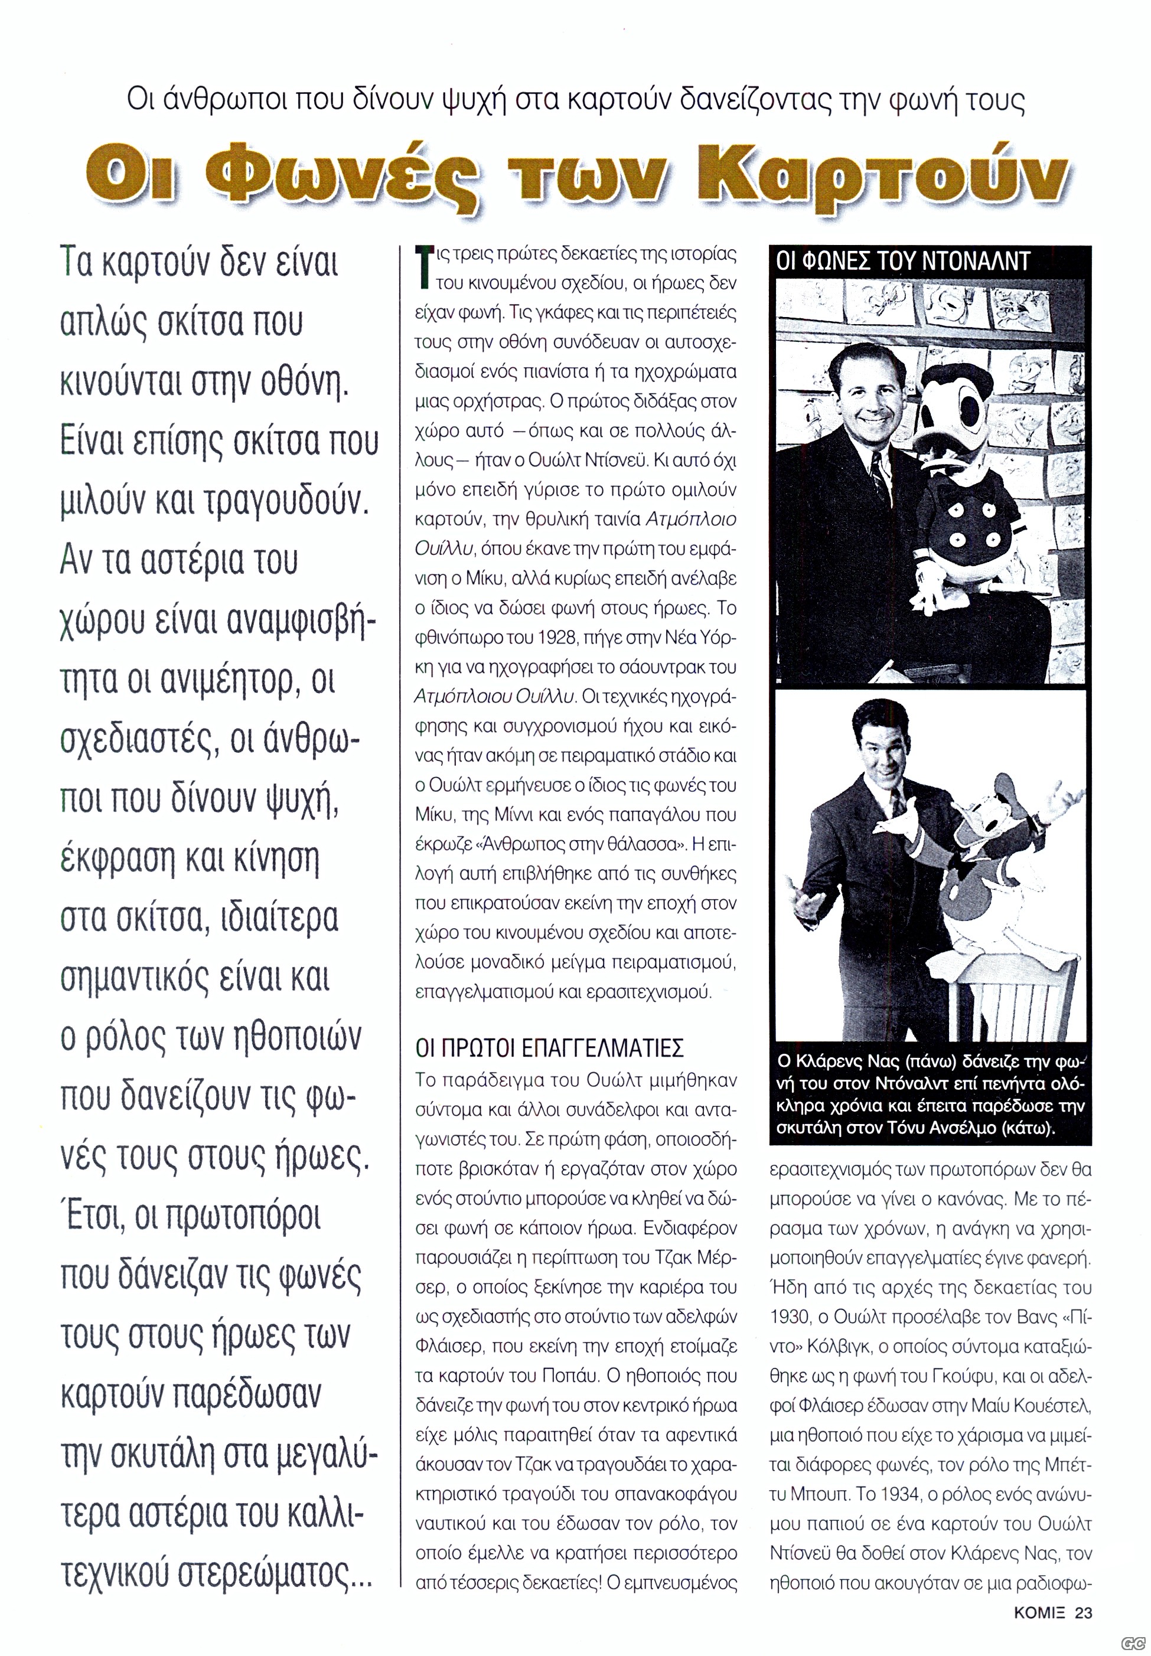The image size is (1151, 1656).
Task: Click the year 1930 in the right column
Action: pyautogui.click(x=790, y=1317)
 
